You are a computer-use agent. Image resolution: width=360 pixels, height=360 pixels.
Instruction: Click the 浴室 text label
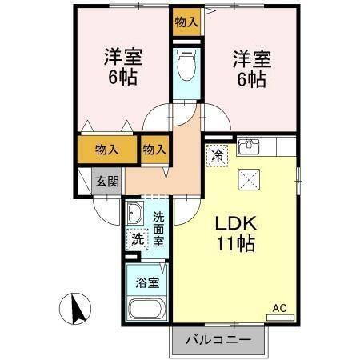146,282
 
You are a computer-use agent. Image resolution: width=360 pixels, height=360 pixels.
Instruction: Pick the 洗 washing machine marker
137,238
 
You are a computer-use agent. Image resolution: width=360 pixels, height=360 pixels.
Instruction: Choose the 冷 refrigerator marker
217,155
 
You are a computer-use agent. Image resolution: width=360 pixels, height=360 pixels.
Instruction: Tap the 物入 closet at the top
186,22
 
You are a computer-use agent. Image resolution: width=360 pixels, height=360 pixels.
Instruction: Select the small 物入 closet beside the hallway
154,149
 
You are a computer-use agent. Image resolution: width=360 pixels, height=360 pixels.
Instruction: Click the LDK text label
234,225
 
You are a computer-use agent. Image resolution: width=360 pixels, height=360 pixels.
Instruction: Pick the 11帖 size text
234,244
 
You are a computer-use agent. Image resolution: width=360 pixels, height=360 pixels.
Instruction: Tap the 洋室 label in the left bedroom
122,58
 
